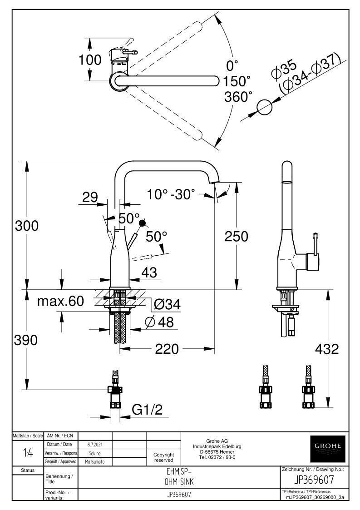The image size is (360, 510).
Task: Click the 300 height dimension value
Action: pyautogui.click(x=27, y=225)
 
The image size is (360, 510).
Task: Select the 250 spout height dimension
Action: pyautogui.click(x=237, y=236)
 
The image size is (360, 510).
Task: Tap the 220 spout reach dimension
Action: pyautogui.click(x=167, y=349)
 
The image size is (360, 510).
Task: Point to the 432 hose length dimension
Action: pyautogui.click(x=327, y=349)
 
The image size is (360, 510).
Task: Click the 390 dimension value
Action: pyautogui.click(x=26, y=340)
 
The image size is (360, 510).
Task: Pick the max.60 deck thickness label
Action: pyautogui.click(x=60, y=301)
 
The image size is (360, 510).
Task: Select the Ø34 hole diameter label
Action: pyautogui.click(x=167, y=304)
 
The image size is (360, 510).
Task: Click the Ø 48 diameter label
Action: pyautogui.click(x=159, y=322)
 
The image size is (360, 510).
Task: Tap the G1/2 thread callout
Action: pyautogui.click(x=147, y=410)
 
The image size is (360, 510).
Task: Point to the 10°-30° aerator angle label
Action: pyautogui.click(x=171, y=194)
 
